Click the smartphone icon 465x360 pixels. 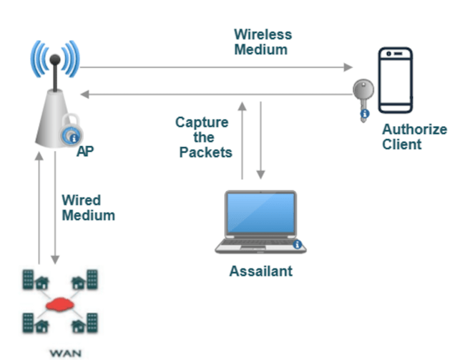(396, 80)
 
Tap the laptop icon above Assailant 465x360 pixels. (260, 221)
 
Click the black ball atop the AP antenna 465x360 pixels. (54, 61)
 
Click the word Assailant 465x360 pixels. (261, 272)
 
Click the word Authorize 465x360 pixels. (414, 130)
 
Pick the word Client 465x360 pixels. (402, 144)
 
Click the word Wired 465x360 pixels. (81, 200)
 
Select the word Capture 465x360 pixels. (202, 122)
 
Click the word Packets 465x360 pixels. (206, 152)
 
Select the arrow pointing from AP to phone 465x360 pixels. (215, 68)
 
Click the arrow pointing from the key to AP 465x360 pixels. (215, 94)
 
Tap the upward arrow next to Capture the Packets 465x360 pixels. (243, 140)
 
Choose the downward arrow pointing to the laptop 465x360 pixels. (260, 140)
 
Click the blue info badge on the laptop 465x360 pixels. (298, 244)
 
